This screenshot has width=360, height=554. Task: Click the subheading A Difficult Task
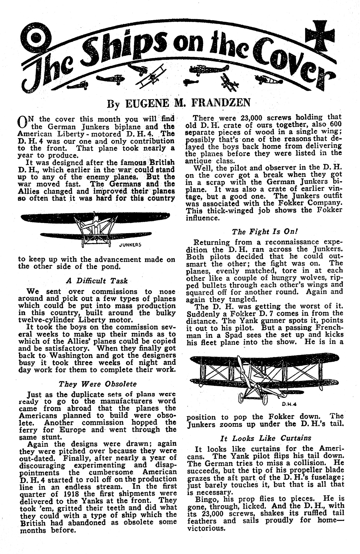coord(97,281)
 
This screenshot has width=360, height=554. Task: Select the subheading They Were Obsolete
coord(97,384)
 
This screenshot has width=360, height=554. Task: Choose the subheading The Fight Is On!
coord(265,232)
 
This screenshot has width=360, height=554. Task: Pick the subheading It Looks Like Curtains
coord(265,438)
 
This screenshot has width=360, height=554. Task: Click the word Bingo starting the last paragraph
coord(207,499)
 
